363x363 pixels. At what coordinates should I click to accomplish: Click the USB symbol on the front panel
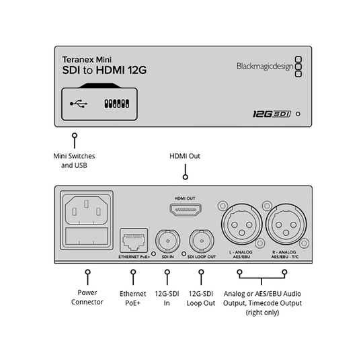(79, 104)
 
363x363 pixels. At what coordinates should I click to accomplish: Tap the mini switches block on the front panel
(117, 104)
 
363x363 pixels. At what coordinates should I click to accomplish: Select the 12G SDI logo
(272, 114)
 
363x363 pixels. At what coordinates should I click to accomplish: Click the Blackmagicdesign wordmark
(265, 67)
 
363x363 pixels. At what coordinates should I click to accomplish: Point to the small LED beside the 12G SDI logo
(298, 114)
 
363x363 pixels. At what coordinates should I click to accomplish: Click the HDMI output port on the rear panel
(186, 210)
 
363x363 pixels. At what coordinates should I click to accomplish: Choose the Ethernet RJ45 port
(134, 241)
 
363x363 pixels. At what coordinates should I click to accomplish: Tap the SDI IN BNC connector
(167, 241)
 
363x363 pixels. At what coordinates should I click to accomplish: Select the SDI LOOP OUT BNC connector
(202, 241)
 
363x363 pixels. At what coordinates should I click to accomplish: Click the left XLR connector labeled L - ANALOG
(242, 225)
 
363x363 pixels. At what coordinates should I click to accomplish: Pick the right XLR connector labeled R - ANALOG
(286, 225)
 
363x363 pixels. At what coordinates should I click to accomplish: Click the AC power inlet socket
(87, 210)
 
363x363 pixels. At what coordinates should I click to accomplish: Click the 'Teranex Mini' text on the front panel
(87, 60)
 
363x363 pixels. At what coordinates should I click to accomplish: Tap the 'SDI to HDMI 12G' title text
(104, 70)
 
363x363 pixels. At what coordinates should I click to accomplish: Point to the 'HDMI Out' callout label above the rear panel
(185, 156)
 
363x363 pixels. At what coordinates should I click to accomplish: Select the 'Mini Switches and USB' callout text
(74, 161)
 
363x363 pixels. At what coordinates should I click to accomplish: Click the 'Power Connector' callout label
(87, 297)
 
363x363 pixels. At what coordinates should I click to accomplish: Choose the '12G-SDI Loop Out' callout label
(201, 298)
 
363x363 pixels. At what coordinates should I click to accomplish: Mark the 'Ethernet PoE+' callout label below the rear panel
(132, 298)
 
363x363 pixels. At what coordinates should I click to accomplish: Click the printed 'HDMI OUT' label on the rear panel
(185, 198)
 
